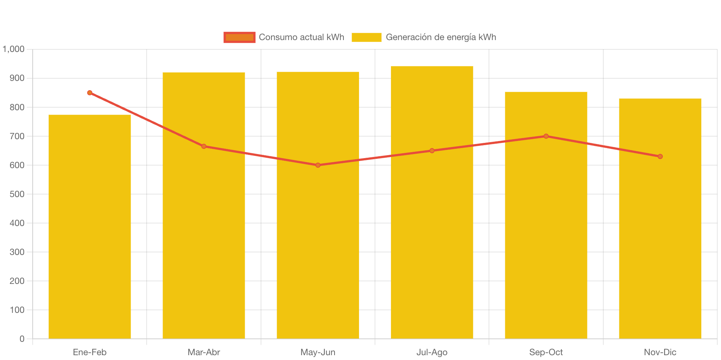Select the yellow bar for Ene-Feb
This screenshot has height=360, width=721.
(x=90, y=226)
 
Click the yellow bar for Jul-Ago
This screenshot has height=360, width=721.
(x=432, y=202)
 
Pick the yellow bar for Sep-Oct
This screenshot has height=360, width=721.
(x=546, y=215)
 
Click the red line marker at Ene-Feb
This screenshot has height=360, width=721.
(x=90, y=93)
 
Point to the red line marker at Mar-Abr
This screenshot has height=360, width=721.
(x=204, y=146)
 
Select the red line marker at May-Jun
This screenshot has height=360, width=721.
(x=318, y=165)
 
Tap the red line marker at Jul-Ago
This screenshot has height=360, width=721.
(x=432, y=151)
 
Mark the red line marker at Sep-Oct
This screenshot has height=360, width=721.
(x=546, y=136)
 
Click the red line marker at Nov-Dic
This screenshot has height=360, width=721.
(x=660, y=157)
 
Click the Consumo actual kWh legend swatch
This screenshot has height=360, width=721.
(x=239, y=37)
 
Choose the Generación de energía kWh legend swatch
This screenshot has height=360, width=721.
(x=366, y=37)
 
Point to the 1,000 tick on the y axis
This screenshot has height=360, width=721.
(x=14, y=49)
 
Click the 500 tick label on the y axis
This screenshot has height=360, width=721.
(x=17, y=194)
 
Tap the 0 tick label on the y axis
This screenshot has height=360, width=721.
(x=22, y=339)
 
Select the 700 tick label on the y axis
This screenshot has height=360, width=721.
(x=17, y=136)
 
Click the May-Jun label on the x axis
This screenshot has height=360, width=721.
(x=318, y=352)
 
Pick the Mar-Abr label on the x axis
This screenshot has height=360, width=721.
(x=204, y=352)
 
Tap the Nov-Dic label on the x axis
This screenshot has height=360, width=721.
(x=660, y=352)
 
